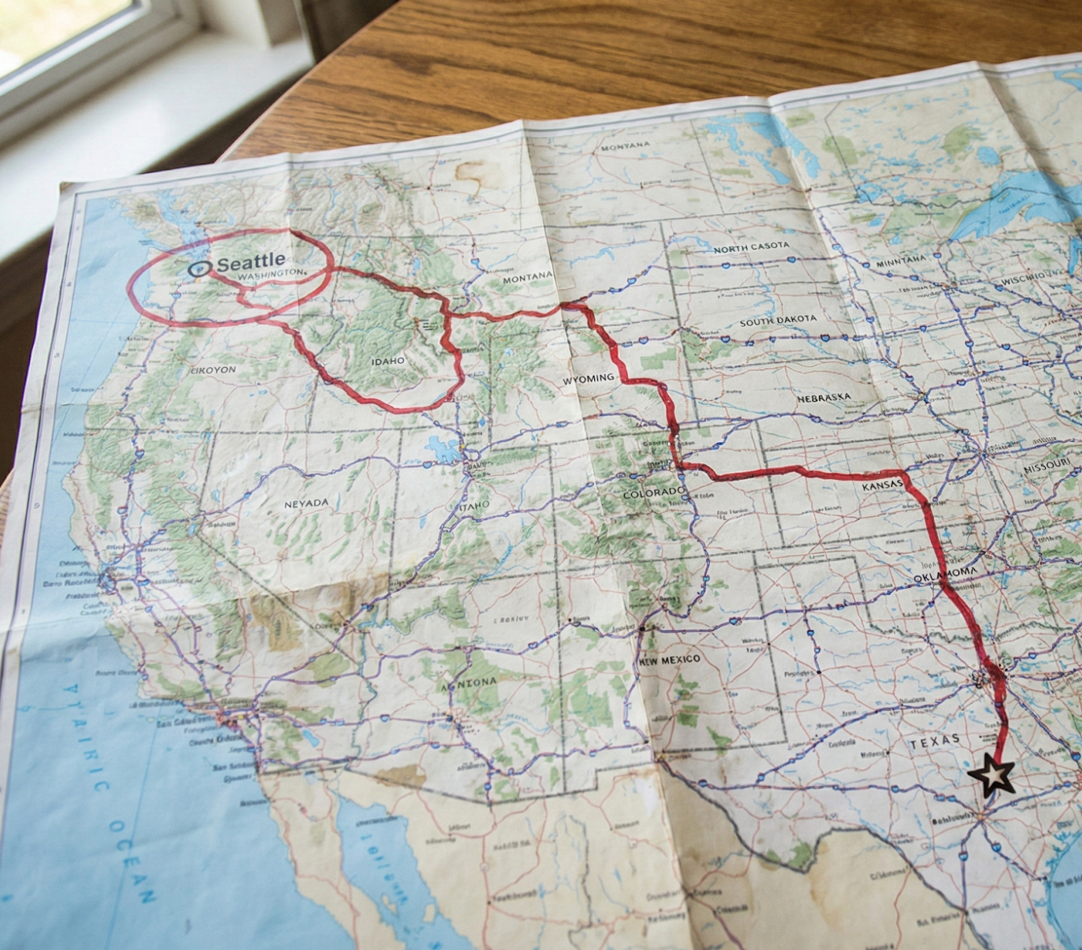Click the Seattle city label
pyautogui.click(x=251, y=262)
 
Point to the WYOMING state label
pyautogui.click(x=588, y=378)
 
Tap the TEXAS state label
pyautogui.click(x=935, y=741)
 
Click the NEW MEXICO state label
pyautogui.click(x=670, y=660)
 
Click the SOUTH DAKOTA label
pyautogui.click(x=778, y=320)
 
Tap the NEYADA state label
pyautogui.click(x=306, y=503)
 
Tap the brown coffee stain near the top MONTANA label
pyautogui.click(x=474, y=173)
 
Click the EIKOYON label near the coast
pyautogui.click(x=213, y=370)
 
